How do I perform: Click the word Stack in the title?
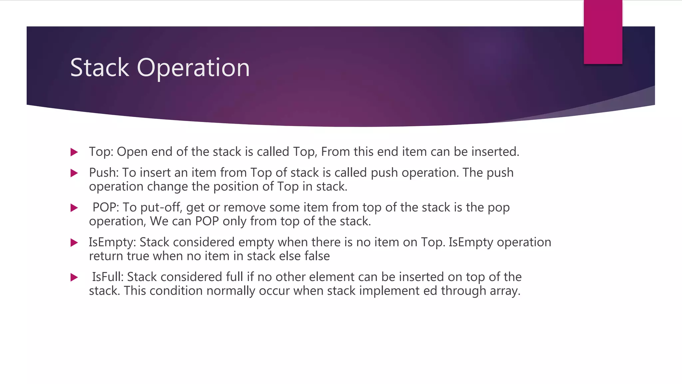99,68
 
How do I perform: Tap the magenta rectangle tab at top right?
603,32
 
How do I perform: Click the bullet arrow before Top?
74,152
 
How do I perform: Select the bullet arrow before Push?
74,173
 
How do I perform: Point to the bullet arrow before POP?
74,208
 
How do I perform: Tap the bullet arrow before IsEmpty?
74,243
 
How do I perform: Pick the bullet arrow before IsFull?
74,277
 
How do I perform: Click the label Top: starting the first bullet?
101,152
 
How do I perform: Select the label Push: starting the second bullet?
104,173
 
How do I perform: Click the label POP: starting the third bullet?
106,207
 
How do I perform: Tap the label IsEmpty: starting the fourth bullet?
112,242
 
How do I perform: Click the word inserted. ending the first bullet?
495,152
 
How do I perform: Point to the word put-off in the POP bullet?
161,208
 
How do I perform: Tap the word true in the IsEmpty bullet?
138,256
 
